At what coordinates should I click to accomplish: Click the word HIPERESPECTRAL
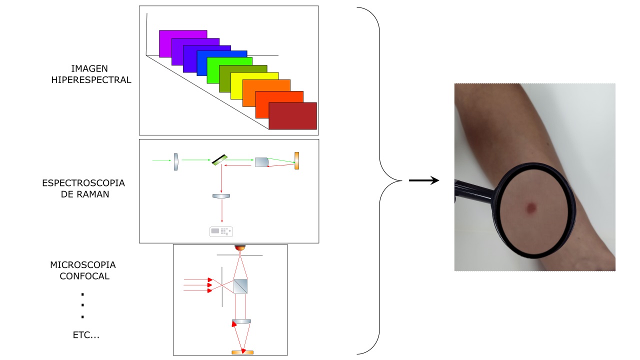tap(91, 79)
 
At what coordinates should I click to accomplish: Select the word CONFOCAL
tap(84, 275)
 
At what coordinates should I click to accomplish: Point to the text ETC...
tap(86, 335)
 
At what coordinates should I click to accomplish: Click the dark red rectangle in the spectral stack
tap(292, 116)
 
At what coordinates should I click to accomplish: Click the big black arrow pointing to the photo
tap(423, 180)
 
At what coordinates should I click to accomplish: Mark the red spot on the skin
tap(531, 206)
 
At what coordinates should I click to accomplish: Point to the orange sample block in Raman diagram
tap(296, 160)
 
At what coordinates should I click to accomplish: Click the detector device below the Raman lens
tap(221, 231)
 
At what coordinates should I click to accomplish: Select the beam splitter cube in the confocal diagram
tap(240, 286)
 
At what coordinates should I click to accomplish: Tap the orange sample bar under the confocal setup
tap(242, 352)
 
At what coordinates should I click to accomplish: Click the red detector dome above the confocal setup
tap(240, 248)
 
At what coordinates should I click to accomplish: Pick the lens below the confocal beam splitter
tap(241, 321)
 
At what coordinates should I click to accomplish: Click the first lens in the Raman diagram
tap(175, 161)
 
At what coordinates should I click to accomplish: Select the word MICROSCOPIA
tap(83, 264)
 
